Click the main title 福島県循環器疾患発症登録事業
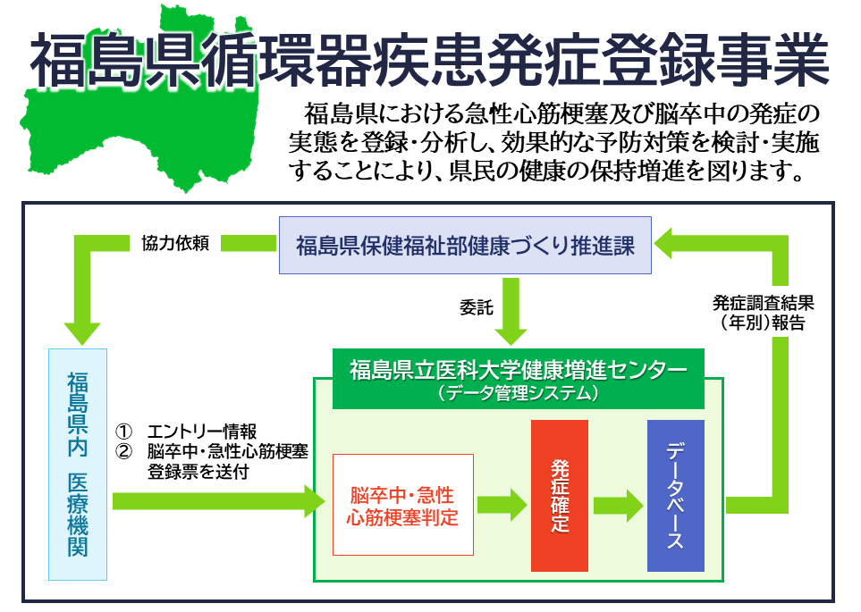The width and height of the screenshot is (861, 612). (x=429, y=58)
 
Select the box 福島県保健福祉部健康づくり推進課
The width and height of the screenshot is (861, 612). (x=465, y=245)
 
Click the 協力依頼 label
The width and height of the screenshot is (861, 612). (x=175, y=244)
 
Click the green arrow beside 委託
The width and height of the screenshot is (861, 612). (x=511, y=311)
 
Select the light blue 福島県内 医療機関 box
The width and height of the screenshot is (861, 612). (x=78, y=464)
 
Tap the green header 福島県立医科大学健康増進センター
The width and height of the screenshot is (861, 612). (x=518, y=369)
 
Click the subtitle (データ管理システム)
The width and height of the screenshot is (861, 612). (x=518, y=392)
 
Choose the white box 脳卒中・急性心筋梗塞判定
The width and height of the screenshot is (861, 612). (x=402, y=505)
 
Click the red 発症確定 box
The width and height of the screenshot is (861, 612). (x=560, y=495)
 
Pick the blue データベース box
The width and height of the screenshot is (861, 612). (x=675, y=495)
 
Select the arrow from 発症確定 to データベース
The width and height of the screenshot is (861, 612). (x=618, y=504)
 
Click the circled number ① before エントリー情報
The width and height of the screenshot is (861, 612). (x=125, y=432)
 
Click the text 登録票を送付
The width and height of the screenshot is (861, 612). (x=198, y=473)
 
